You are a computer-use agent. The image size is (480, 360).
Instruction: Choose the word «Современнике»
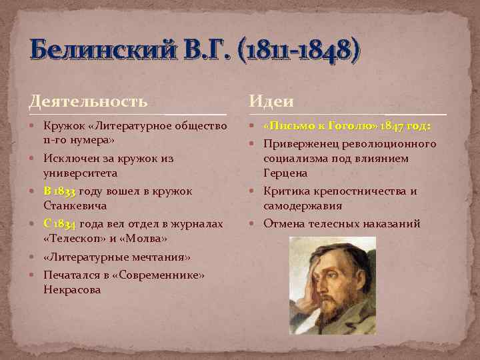pos(154,275)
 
